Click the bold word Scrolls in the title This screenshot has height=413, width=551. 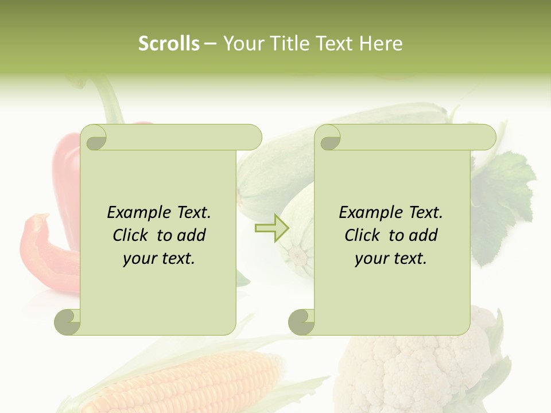click(169, 44)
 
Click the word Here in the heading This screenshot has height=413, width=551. click(381, 44)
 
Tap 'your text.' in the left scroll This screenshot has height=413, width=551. click(159, 259)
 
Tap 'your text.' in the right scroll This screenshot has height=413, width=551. click(391, 259)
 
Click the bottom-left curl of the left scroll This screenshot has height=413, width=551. click(68, 322)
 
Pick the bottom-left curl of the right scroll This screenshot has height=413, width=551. click(301, 322)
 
